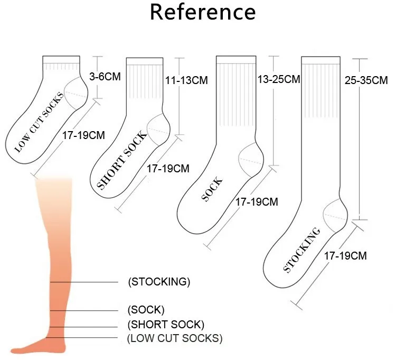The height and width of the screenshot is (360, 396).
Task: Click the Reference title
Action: point(203,12)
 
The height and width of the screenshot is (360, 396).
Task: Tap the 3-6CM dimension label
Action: point(105,77)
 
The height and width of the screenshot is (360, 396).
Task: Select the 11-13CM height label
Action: point(186,80)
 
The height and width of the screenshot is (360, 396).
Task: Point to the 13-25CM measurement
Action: point(279,79)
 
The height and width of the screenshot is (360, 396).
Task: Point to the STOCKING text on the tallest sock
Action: point(302,250)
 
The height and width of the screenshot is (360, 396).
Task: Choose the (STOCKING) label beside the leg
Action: point(159,282)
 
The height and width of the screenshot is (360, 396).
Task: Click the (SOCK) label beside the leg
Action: point(146,309)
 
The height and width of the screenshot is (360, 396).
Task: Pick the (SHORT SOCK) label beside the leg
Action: point(166,324)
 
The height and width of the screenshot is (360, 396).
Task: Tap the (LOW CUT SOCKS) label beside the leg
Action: point(175,338)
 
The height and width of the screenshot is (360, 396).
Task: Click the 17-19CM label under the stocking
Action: point(345,256)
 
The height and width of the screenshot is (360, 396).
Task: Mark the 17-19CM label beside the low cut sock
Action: point(83,135)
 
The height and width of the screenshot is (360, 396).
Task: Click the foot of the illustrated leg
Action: point(37,346)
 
